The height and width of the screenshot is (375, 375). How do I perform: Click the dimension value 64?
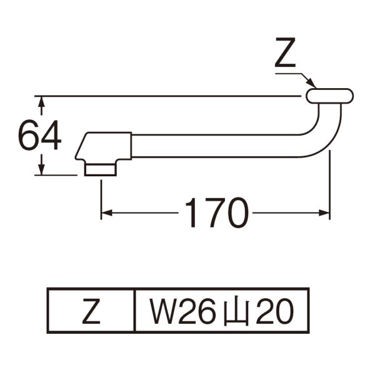point(39,136)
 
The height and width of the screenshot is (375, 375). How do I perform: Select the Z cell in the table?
point(92,311)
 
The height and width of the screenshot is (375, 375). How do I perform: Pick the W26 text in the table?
point(182,311)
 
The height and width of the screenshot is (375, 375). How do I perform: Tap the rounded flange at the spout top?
point(330,96)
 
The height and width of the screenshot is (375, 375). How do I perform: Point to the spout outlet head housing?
point(105,146)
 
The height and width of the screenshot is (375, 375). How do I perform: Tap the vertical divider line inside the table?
point(136,311)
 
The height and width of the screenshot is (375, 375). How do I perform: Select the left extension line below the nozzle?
point(101,197)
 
